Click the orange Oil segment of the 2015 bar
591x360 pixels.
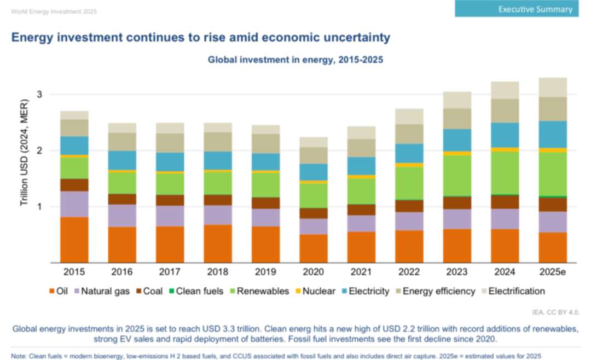pyautogui.click(x=74, y=240)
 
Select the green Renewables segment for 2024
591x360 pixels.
pyautogui.click(x=505, y=172)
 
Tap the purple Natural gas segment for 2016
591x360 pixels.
pyautogui.click(x=122, y=216)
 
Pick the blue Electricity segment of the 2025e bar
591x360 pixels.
pyautogui.click(x=553, y=135)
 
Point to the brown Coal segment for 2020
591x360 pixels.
pyautogui.click(x=313, y=213)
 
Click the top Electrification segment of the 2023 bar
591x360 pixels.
pyautogui.click(x=457, y=100)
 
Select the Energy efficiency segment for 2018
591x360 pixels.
pyautogui.click(x=217, y=142)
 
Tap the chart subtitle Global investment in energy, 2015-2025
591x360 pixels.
pyautogui.click(x=296, y=60)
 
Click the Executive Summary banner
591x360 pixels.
pyautogui.click(x=516, y=9)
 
